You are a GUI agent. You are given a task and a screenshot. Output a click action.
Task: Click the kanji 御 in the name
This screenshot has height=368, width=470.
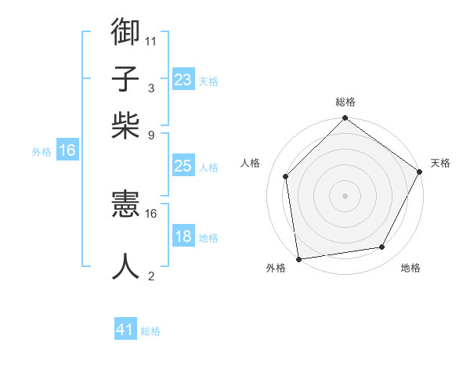click(x=126, y=33)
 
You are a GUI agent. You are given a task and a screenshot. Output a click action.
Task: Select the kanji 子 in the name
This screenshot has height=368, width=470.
click(x=126, y=80)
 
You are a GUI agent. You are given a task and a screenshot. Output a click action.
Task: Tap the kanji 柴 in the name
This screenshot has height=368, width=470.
click(x=126, y=125)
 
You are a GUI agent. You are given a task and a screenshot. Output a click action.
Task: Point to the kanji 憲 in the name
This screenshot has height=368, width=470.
click(x=126, y=206)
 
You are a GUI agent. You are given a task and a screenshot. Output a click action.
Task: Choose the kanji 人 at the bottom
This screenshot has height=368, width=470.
click(x=126, y=267)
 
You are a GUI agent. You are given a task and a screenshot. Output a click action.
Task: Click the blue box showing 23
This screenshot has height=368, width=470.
click(x=183, y=80)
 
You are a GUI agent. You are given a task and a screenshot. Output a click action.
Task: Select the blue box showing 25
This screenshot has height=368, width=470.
click(x=183, y=166)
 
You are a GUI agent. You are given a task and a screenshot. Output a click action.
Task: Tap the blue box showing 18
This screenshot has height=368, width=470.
click(x=183, y=236)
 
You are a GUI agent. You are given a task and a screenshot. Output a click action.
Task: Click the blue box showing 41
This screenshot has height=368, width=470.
click(x=125, y=330)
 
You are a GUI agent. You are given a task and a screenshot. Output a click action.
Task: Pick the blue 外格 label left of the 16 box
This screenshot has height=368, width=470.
click(x=42, y=152)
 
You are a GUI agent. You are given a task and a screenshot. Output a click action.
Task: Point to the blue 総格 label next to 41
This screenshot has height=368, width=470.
click(x=150, y=331)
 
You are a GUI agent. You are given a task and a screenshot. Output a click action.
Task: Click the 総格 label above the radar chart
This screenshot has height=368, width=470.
click(x=345, y=103)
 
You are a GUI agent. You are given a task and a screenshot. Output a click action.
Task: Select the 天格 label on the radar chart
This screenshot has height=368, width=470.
click(x=440, y=163)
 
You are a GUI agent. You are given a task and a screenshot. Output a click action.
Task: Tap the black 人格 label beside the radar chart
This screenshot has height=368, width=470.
click(x=251, y=163)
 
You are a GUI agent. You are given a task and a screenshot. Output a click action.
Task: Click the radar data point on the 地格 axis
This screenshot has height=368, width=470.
click(x=382, y=247)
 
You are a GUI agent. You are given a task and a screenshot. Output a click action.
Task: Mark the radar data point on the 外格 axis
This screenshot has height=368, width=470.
click(x=298, y=258)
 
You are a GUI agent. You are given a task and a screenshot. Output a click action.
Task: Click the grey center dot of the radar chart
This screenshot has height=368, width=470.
click(x=345, y=195)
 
